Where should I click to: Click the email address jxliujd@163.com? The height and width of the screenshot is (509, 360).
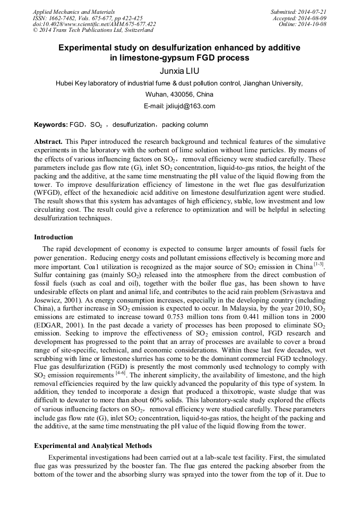[179, 106]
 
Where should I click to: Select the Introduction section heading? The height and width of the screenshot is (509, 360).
[54, 237]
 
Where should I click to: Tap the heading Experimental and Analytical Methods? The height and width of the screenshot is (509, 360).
[93, 445]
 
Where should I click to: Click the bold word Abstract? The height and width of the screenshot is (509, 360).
[48, 142]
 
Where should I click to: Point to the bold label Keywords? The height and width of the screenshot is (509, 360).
[50, 125]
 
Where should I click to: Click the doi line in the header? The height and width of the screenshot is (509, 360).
[94, 24]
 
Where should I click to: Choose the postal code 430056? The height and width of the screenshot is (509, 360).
[169, 94]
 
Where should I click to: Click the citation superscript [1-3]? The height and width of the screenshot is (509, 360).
[319, 264]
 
